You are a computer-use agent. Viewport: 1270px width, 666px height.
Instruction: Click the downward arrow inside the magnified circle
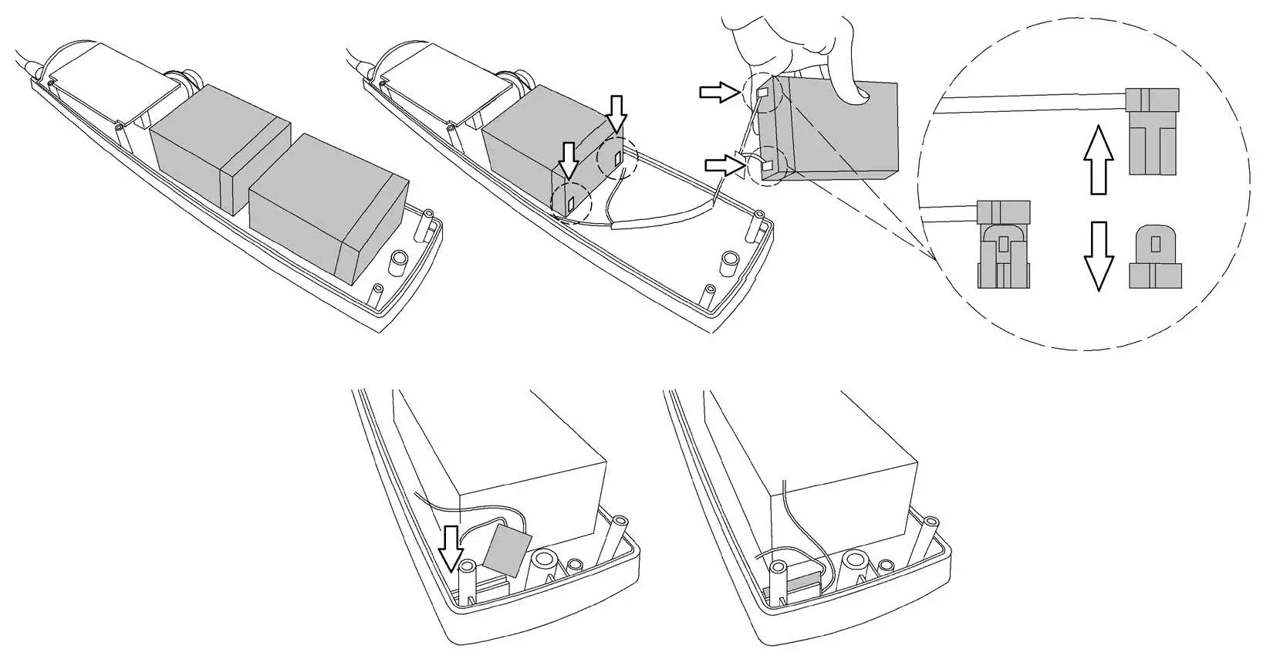pyautogui.click(x=1099, y=255)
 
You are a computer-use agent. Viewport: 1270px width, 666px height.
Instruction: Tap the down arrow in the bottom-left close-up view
pyautogui.click(x=451, y=546)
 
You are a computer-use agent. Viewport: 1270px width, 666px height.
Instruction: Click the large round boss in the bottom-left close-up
pyautogui.click(x=549, y=563)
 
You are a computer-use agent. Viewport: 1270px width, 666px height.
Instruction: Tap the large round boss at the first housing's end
pyautogui.click(x=399, y=262)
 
